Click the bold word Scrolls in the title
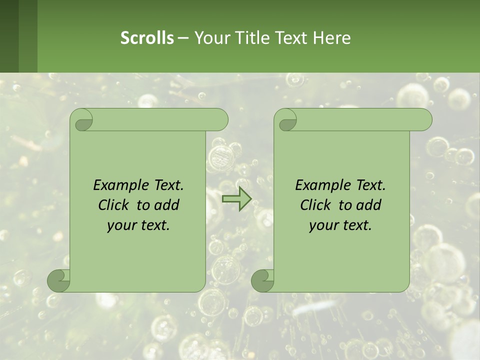(x=147, y=37)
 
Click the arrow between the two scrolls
(x=236, y=199)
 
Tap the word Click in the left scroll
(x=114, y=205)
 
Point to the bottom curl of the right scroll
(x=262, y=280)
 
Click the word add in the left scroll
(x=167, y=205)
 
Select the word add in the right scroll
(x=369, y=205)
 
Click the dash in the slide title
(x=183, y=37)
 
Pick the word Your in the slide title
(x=212, y=37)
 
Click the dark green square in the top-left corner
(x=9, y=36)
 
